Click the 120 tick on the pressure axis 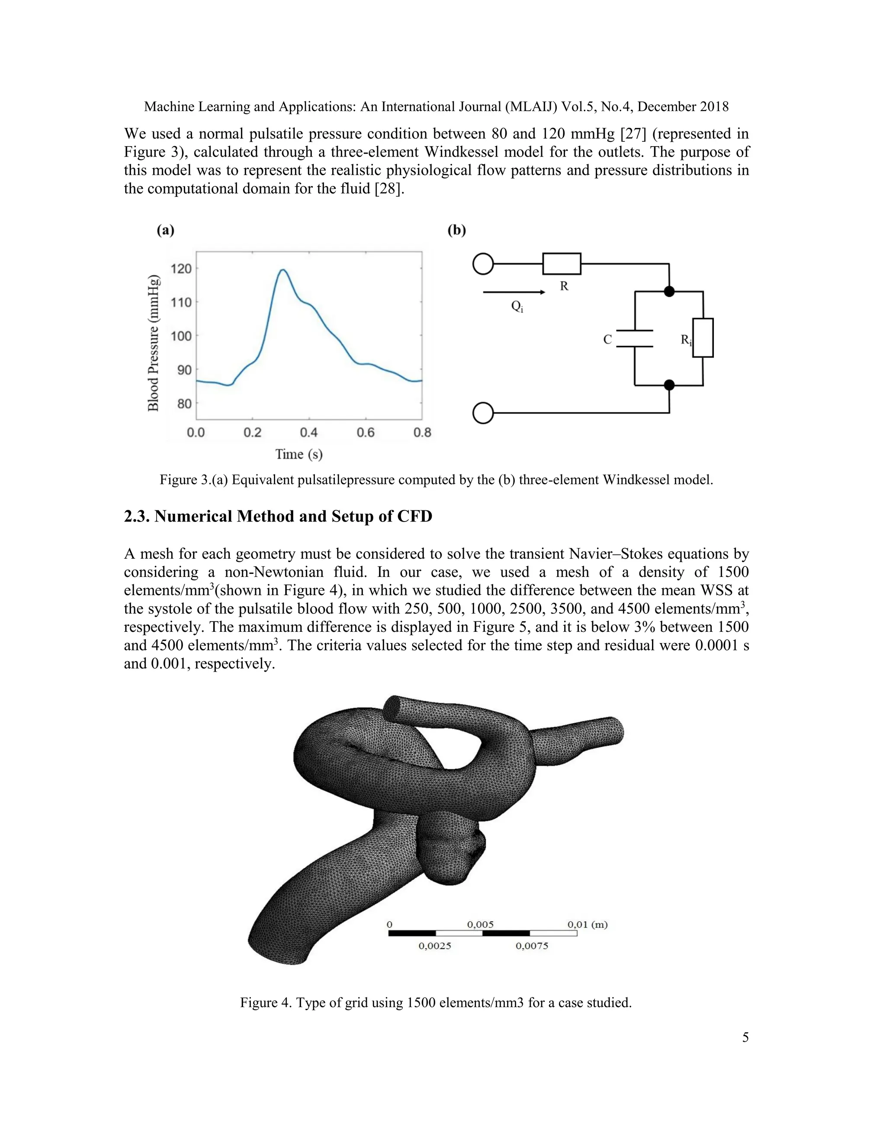[x=181, y=269]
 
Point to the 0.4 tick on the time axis [x=308, y=432]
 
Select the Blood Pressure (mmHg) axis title [x=153, y=343]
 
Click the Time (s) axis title [x=299, y=454]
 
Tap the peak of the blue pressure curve [x=283, y=270]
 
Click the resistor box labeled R [x=562, y=264]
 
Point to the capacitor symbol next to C [x=635, y=339]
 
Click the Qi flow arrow [x=514, y=292]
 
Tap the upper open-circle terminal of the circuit [x=483, y=264]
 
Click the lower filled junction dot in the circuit [x=669, y=385]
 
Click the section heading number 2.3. [x=137, y=516]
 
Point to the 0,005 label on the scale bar [x=480, y=924]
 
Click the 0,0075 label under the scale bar [x=532, y=946]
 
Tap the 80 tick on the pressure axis [x=185, y=404]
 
